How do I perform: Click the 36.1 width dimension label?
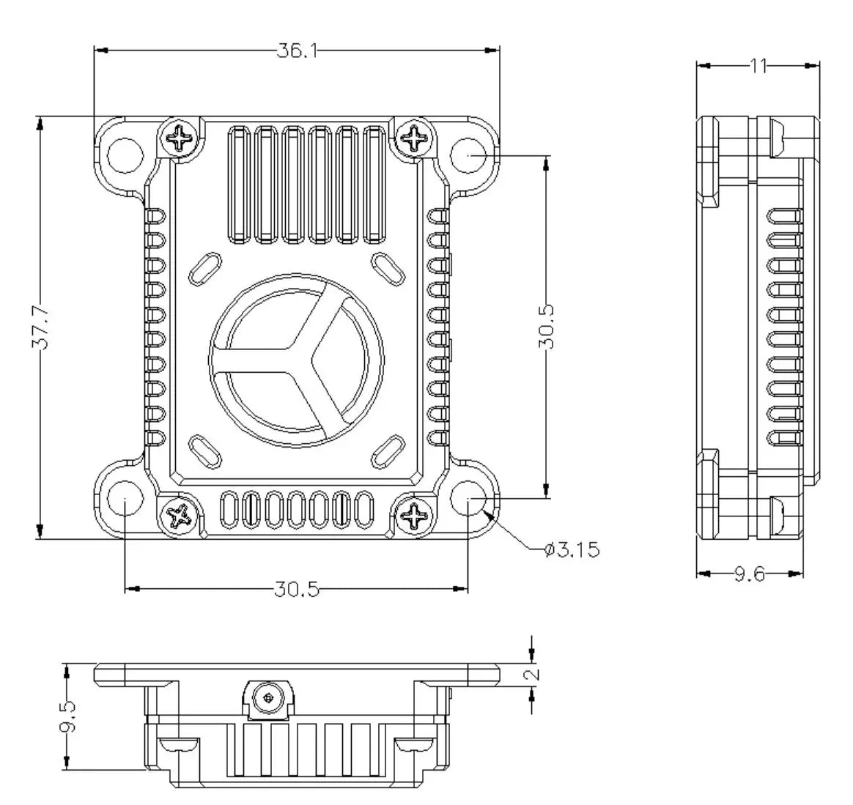click(x=296, y=50)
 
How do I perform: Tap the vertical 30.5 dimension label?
click(x=546, y=327)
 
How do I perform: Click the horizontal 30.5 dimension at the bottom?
click(x=297, y=589)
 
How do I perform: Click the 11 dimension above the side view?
click(x=757, y=66)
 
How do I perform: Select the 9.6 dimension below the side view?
click(x=749, y=574)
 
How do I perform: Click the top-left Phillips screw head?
click(x=180, y=136)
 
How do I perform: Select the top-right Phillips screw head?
click(x=415, y=137)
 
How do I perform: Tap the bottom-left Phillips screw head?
click(x=180, y=516)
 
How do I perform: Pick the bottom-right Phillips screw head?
click(x=415, y=516)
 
